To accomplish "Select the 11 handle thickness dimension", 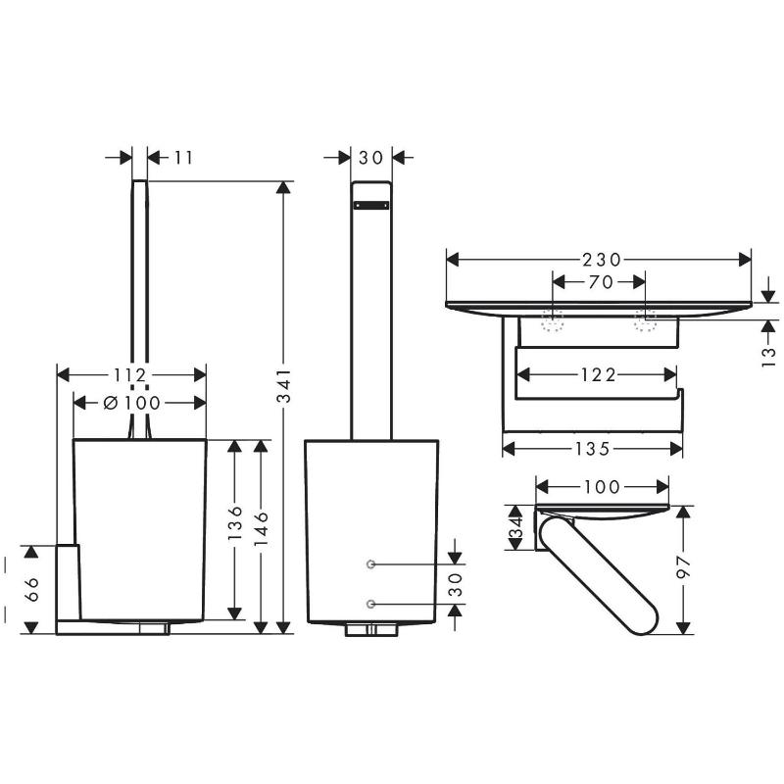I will pyautogui.click(x=183, y=157).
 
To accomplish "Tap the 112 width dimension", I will pyautogui.click(x=130, y=374).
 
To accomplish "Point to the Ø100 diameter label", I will pyautogui.click(x=132, y=402).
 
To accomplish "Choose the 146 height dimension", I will pyautogui.click(x=261, y=530).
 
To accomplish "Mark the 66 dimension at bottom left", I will pyautogui.click(x=30, y=588).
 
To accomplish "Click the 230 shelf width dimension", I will pyautogui.click(x=599, y=260).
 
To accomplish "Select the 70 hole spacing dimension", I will pyautogui.click(x=600, y=283).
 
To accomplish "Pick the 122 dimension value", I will pyautogui.click(x=596, y=374).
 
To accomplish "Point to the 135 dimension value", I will pyautogui.click(x=593, y=448).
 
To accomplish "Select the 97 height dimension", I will pyautogui.click(x=685, y=569).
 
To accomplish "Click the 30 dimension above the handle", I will pyautogui.click(x=371, y=157).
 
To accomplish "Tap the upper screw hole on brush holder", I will pyautogui.click(x=371, y=563).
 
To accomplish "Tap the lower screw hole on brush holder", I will pyautogui.click(x=371, y=603).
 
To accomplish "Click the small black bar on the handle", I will pyautogui.click(x=371, y=206).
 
